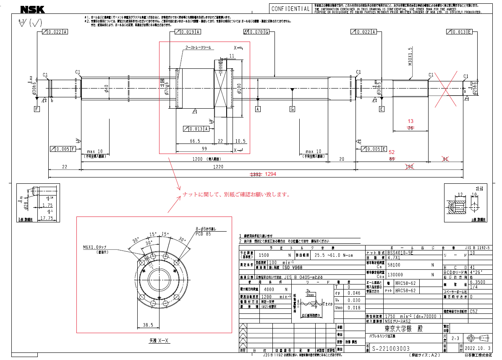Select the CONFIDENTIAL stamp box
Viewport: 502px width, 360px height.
click(x=290, y=9)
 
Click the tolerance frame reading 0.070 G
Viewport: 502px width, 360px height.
click(x=256, y=32)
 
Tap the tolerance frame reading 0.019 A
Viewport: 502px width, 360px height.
click(x=188, y=32)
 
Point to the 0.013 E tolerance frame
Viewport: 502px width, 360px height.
click(x=460, y=32)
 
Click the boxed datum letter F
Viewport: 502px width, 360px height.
click(x=37, y=110)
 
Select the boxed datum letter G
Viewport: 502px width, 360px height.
click(x=292, y=110)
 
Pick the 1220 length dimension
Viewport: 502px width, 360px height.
click(x=217, y=167)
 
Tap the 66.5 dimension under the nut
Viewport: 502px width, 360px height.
click(x=195, y=141)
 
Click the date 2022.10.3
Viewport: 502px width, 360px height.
click(x=478, y=349)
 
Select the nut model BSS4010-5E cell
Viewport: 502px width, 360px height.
click(x=401, y=253)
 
